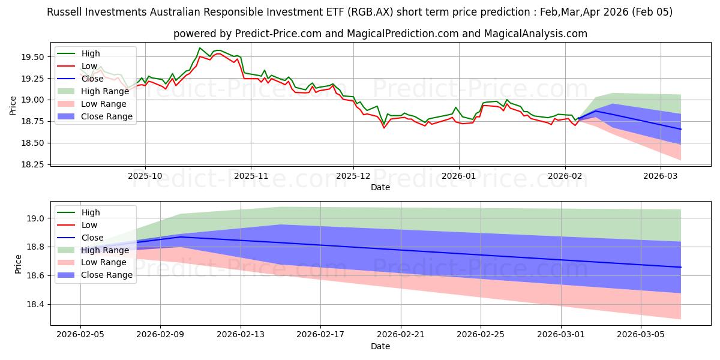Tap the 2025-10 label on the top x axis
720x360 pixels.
[x=145, y=176]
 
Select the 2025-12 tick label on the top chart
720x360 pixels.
[x=353, y=176]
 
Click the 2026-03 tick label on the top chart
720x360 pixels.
[x=660, y=176]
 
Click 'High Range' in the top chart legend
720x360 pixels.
[x=106, y=91]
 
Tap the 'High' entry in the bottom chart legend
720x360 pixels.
[x=90, y=212]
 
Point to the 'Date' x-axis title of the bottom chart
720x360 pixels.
[x=380, y=346]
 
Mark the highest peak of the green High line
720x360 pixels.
[x=200, y=48]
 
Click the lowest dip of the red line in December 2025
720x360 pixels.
[x=385, y=128]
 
